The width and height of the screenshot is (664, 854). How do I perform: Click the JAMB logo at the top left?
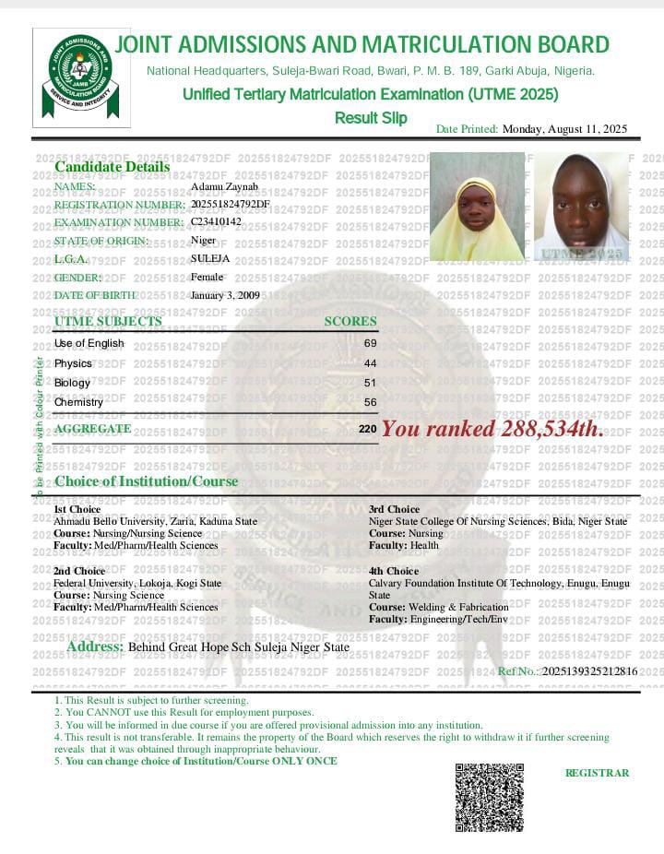pyautogui.click(x=80, y=77)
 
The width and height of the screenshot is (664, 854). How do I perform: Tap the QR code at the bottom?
pyautogui.click(x=489, y=797)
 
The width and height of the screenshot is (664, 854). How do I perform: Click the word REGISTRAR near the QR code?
pyautogui.click(x=597, y=773)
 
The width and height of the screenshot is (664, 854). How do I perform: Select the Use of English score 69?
pyautogui.click(x=371, y=343)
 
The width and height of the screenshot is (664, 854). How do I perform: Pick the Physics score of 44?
pyautogui.click(x=371, y=363)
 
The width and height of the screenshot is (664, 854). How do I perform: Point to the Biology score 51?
pyautogui.click(x=371, y=383)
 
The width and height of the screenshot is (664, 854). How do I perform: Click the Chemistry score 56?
pyautogui.click(x=371, y=402)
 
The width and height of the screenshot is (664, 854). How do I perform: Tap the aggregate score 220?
pyautogui.click(x=368, y=430)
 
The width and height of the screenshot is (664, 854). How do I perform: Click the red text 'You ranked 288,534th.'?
pyautogui.click(x=493, y=429)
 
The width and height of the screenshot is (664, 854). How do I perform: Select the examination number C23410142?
pyautogui.click(x=216, y=222)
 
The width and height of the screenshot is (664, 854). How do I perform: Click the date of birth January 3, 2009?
pyautogui.click(x=225, y=295)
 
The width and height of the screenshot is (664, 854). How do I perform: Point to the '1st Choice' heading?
pyautogui.click(x=77, y=509)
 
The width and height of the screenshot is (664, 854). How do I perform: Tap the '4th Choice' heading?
pyautogui.click(x=394, y=571)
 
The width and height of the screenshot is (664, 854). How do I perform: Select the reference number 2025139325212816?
pyautogui.click(x=589, y=671)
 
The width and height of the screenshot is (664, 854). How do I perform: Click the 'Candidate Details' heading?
pyautogui.click(x=113, y=167)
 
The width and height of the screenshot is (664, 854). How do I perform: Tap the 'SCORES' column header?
pyautogui.click(x=350, y=322)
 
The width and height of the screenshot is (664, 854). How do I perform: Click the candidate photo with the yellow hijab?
pyautogui.click(x=477, y=207)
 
